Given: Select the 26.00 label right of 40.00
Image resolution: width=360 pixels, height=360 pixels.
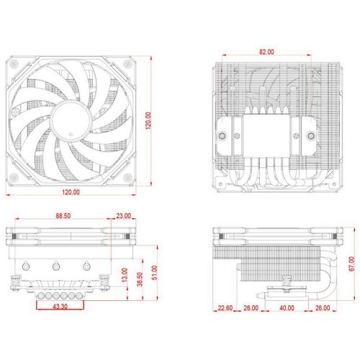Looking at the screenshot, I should pos(321,308).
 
